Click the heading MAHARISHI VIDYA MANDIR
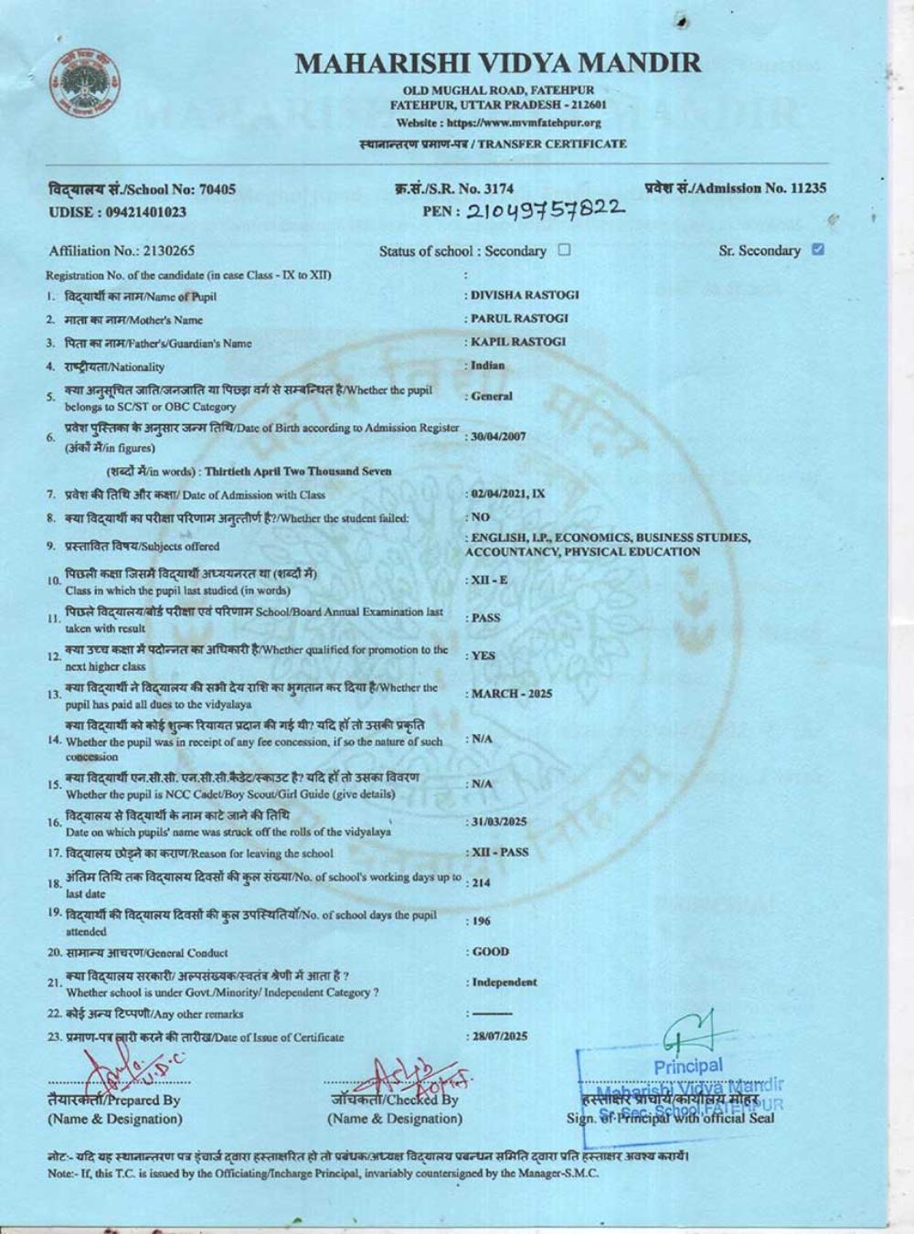pyautogui.click(x=498, y=63)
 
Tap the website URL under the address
pyautogui.click(x=498, y=122)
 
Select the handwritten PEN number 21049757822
pyautogui.click(x=547, y=210)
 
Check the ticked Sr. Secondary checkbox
pyautogui.click(x=817, y=250)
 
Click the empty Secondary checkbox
pyautogui.click(x=564, y=250)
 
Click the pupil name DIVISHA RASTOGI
pyautogui.click(x=524, y=295)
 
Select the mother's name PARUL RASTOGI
pyautogui.click(x=518, y=318)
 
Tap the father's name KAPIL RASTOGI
pyautogui.click(x=517, y=342)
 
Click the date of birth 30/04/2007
pyautogui.click(x=498, y=437)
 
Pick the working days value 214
pyautogui.click(x=481, y=883)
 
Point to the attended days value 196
pyautogui.click(x=481, y=922)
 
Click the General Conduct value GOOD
pyautogui.click(x=490, y=952)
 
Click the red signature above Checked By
pyautogui.click(x=416, y=1075)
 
